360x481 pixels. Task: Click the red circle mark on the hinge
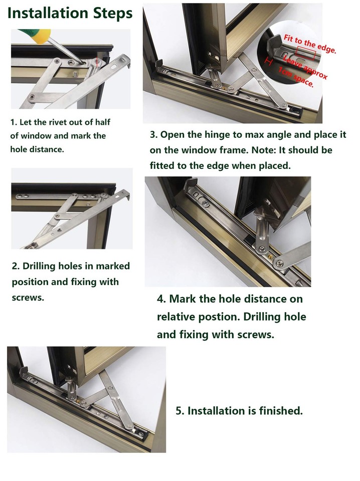click(97, 62)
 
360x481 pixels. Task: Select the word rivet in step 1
click(63, 122)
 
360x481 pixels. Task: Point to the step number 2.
click(15, 266)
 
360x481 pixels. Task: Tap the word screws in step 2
click(27, 297)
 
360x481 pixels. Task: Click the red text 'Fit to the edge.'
click(310, 45)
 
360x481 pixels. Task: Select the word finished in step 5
click(281, 411)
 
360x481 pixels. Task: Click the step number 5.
click(179, 411)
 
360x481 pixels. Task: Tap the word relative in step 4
click(176, 317)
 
